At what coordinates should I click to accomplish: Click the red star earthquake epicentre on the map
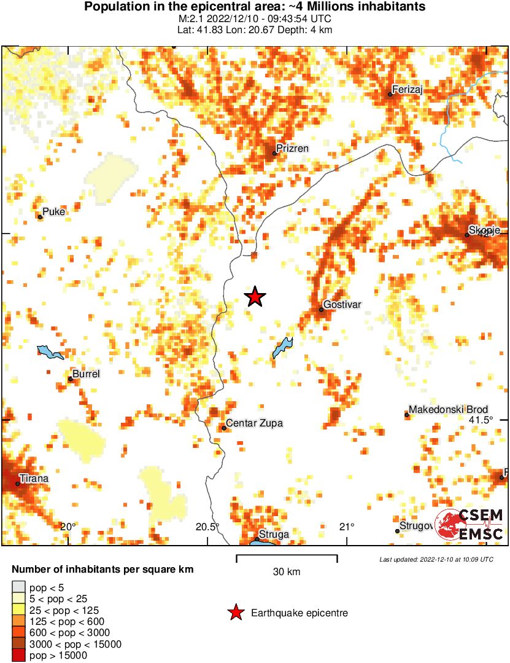click(x=255, y=297)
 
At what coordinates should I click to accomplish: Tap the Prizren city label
click(x=293, y=149)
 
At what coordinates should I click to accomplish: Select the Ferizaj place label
click(x=408, y=90)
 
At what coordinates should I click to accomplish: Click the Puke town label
click(x=54, y=212)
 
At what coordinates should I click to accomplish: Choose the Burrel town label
click(x=86, y=374)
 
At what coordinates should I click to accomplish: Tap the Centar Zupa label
click(x=255, y=423)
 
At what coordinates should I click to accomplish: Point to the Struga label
click(x=274, y=535)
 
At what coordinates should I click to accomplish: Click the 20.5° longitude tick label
click(x=207, y=526)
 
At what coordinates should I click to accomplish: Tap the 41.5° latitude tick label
click(x=481, y=420)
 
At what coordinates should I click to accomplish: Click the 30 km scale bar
click(x=287, y=558)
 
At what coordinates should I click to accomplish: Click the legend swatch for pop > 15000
click(x=18, y=656)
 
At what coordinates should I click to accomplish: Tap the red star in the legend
click(x=234, y=613)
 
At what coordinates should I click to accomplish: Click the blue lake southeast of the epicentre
click(x=282, y=347)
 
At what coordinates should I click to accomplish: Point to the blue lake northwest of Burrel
click(x=50, y=353)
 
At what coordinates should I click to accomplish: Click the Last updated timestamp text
click(x=436, y=560)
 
